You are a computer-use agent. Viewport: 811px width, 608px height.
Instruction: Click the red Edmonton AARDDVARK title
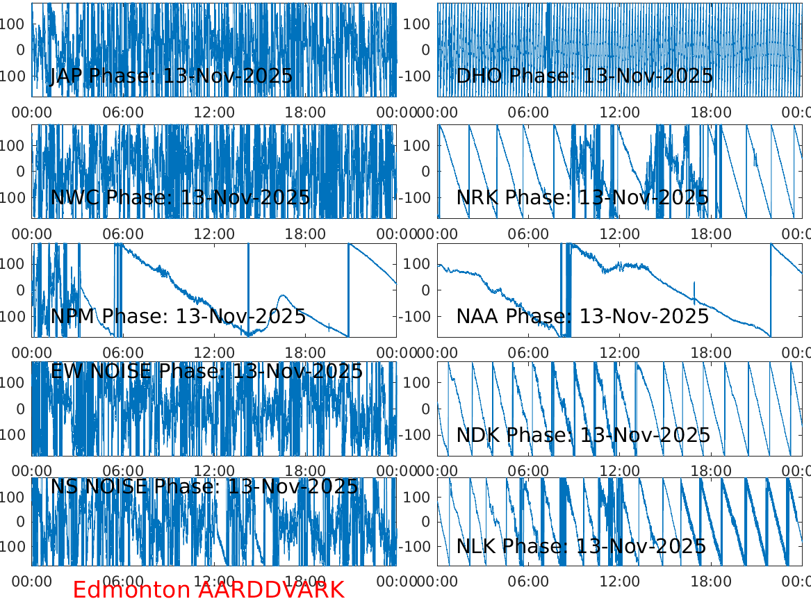208,590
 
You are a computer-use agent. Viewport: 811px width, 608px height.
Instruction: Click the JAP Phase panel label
171,76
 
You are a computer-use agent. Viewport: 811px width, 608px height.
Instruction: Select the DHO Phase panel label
584,76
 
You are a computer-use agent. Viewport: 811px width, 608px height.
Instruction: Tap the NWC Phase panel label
180,197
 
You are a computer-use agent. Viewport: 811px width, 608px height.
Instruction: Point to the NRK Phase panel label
582,197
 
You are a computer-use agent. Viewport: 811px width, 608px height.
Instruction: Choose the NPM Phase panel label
178,317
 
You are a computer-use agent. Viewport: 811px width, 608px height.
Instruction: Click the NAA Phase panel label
582,317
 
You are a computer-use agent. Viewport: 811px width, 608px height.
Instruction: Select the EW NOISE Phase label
206,371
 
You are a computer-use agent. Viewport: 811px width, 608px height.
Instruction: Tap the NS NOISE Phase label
204,487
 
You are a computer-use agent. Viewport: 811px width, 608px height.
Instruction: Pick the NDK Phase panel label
583,436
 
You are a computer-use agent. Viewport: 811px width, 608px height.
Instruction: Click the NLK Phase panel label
581,546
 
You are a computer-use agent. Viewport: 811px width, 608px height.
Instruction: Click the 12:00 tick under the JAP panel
214,112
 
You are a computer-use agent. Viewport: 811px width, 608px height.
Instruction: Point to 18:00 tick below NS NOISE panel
305,581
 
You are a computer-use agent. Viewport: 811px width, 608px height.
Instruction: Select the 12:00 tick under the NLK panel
620,581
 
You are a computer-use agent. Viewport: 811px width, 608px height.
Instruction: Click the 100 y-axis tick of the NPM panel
17,264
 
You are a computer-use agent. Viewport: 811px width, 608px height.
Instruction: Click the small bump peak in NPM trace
283,296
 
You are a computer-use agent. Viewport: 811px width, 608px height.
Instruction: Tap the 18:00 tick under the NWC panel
305,233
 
